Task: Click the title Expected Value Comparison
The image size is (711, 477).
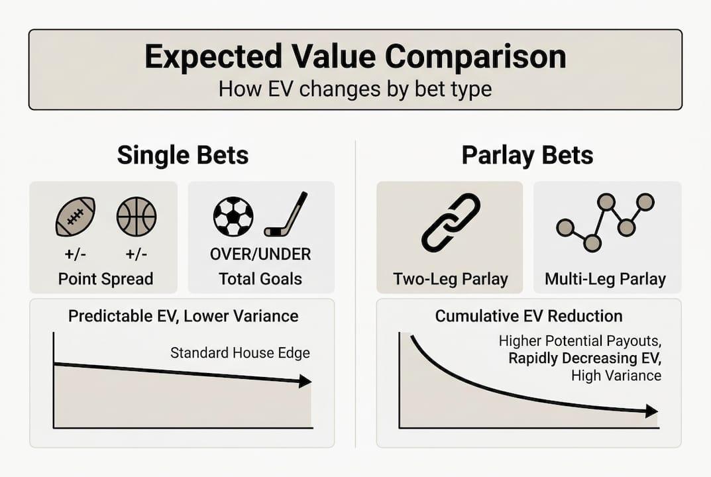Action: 355,57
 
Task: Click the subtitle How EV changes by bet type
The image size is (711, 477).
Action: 355,88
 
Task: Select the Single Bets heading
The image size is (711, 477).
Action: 183,155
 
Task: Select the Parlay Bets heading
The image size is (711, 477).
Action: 527,155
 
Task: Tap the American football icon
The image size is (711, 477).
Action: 75,217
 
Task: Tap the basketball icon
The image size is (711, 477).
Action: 136,217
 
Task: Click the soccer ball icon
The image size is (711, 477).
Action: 233,217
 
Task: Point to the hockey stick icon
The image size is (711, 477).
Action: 286,215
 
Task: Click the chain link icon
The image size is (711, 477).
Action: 451,222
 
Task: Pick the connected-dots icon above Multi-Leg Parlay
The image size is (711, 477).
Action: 605,222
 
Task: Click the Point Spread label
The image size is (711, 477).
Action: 105,279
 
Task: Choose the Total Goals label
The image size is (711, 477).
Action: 260,279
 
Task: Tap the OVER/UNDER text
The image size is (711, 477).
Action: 260,254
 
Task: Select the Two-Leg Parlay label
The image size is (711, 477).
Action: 450,279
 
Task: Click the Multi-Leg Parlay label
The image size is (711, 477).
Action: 605,279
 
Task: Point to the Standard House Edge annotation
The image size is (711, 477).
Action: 240,352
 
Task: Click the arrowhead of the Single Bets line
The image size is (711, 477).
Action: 305,381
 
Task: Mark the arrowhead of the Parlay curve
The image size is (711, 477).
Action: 651,411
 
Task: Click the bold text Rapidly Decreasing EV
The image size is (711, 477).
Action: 584,358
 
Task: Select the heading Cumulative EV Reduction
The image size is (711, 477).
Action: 528,316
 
